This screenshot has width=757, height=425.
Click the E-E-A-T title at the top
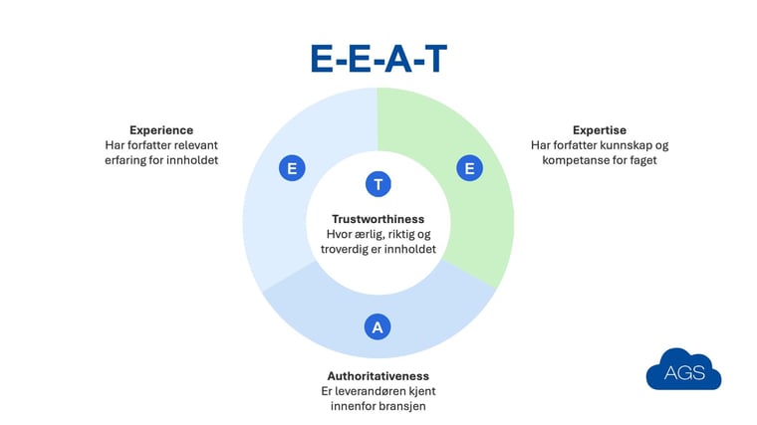[378, 59]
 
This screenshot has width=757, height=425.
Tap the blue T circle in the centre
[378, 184]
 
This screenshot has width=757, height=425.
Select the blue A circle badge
[378, 326]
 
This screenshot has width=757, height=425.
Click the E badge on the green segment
[469, 168]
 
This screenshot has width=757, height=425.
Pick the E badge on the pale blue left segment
[292, 168]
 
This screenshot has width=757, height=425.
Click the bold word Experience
[161, 130]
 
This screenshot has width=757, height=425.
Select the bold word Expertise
[600, 130]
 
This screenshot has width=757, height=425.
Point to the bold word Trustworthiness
[378, 219]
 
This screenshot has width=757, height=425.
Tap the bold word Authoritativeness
[378, 376]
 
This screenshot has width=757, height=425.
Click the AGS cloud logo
[683, 369]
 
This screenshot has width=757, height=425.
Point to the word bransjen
[404, 406]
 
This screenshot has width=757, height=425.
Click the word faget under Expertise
[643, 160]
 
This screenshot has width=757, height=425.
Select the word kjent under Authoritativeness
[424, 391]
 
